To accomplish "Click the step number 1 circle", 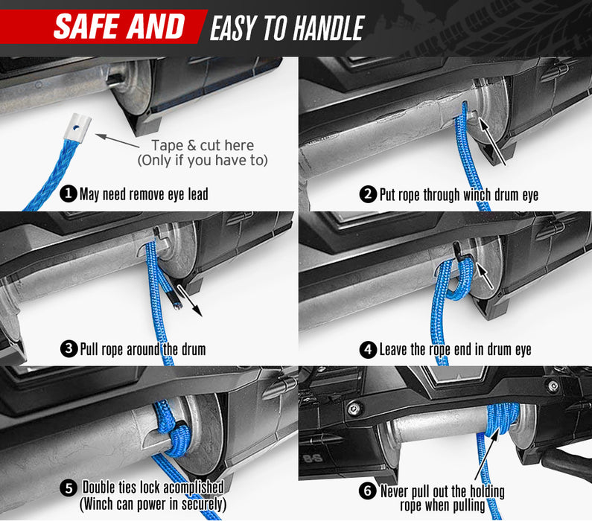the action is click(69, 194).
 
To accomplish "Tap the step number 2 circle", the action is click(368, 194).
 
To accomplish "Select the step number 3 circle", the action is click(69, 348).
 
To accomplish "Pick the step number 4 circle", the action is click(368, 349).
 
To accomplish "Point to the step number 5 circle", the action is click(69, 488).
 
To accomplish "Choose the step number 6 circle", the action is click(367, 491).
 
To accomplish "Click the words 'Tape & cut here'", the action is click(203, 145).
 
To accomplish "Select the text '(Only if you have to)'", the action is click(203, 160).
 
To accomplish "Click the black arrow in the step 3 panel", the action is click(190, 301).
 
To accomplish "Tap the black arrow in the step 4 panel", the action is click(484, 276).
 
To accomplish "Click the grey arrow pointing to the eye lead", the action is click(117, 140).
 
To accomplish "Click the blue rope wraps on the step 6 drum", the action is click(502, 418).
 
